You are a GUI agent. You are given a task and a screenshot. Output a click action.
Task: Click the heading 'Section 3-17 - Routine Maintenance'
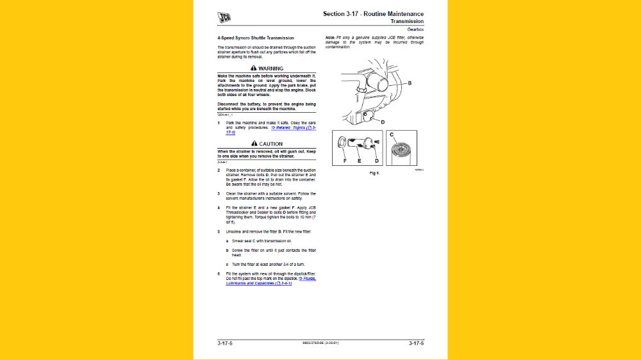tap(373, 13)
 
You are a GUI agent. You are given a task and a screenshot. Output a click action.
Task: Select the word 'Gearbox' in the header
tap(415, 29)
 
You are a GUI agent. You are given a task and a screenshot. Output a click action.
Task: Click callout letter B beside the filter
tap(410, 83)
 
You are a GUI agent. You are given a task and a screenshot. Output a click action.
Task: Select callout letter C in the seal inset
tap(392, 134)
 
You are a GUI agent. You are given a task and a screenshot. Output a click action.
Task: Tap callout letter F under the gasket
tap(345, 161)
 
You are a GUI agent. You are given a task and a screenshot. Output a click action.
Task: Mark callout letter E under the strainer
tap(359, 161)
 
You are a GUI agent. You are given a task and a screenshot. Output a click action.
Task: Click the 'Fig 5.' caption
tap(374, 173)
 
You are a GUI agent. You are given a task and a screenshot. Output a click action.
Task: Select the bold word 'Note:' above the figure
tap(330, 38)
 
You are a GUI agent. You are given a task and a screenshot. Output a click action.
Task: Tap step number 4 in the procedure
tap(219, 208)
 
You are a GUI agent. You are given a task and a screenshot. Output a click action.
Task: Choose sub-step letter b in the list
tap(226, 250)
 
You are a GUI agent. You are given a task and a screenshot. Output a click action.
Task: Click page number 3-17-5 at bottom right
tap(416, 344)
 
